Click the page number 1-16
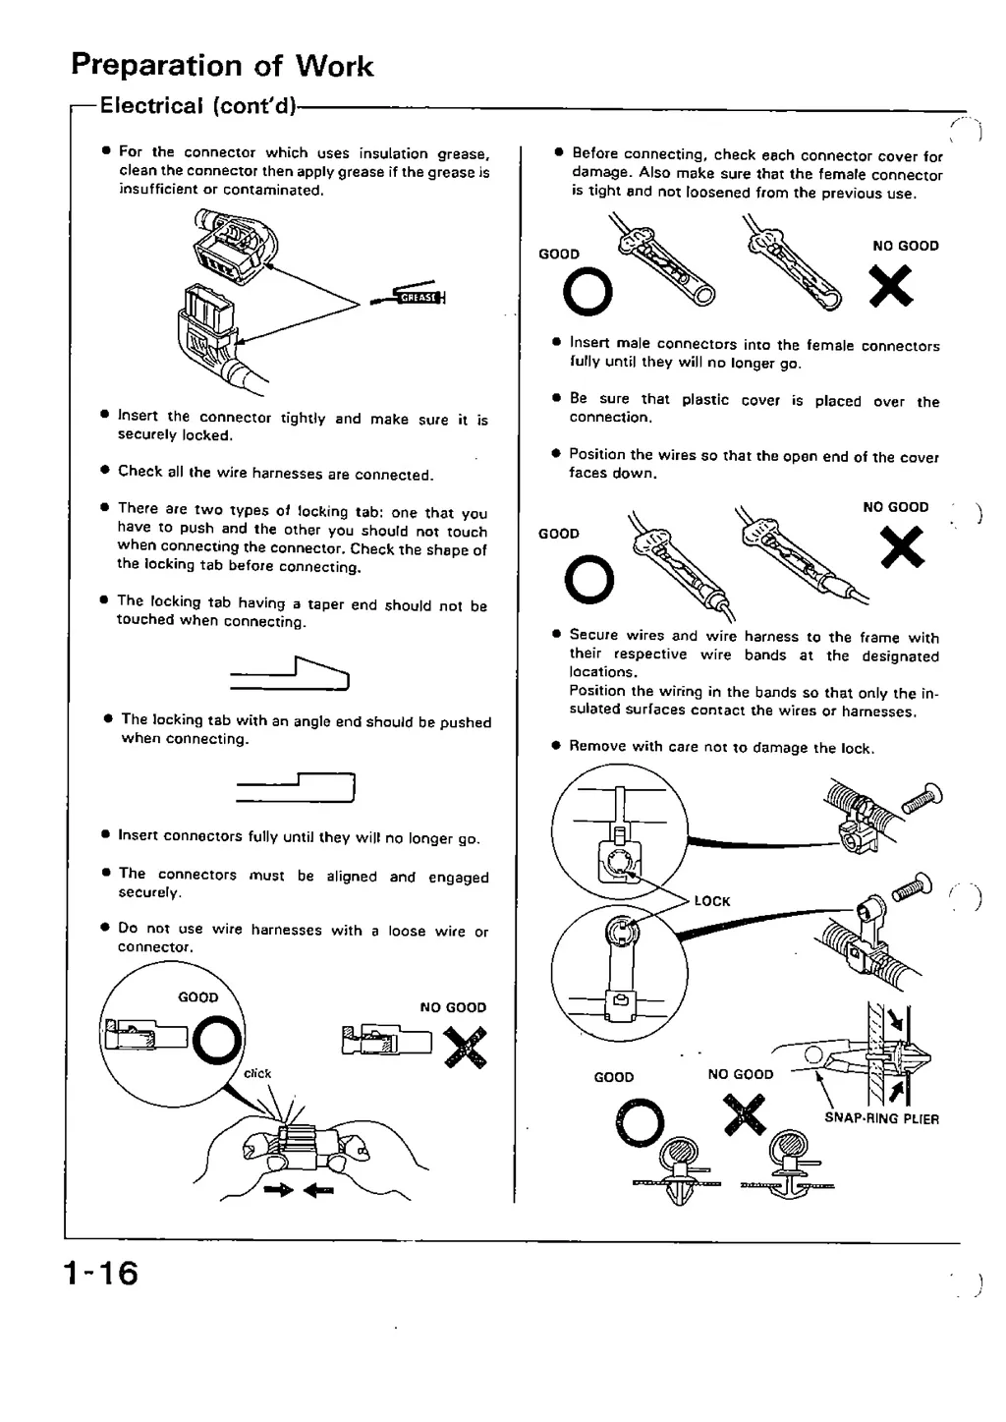click(x=100, y=1273)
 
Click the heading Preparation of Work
click(x=222, y=66)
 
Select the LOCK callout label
click(x=711, y=901)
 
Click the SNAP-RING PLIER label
click(x=881, y=1118)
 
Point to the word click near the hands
click(x=257, y=1073)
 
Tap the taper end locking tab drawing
click(x=291, y=673)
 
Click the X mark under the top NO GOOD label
click(x=891, y=287)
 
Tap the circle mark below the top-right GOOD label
click(x=588, y=292)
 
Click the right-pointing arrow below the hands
click(x=278, y=1190)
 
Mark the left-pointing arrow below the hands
click(x=318, y=1190)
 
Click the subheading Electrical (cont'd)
click(x=197, y=106)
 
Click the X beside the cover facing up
click(x=902, y=547)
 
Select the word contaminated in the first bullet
click(x=272, y=190)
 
